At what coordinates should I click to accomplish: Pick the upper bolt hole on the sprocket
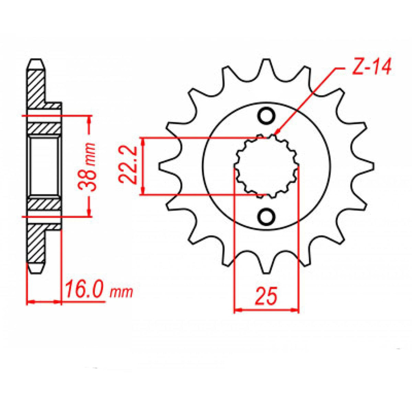266,116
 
